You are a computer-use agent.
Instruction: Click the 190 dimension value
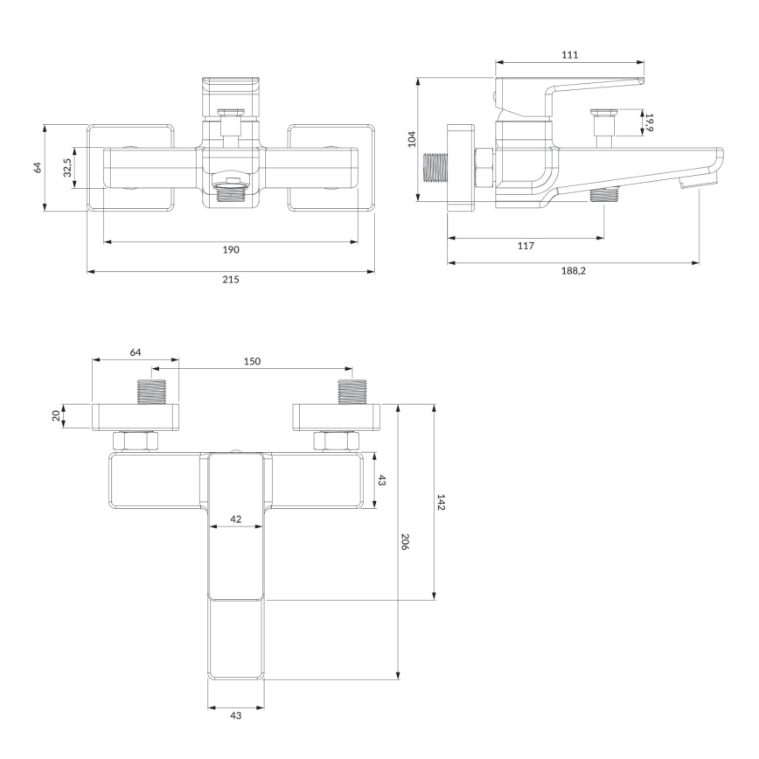tap(230, 250)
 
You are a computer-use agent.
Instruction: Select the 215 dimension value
tap(230, 279)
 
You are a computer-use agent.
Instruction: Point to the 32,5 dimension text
tap(67, 167)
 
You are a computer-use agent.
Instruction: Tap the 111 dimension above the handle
tap(570, 54)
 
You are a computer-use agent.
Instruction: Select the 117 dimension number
tap(525, 246)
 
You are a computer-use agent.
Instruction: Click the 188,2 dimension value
tap(573, 271)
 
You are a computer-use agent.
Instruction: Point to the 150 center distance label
tap(251, 361)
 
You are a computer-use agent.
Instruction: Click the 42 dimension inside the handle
tap(235, 519)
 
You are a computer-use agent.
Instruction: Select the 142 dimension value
tap(442, 503)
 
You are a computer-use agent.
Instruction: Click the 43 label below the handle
tap(235, 715)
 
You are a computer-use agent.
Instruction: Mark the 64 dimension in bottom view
tap(136, 352)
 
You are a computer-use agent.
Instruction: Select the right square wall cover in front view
tap(331, 167)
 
